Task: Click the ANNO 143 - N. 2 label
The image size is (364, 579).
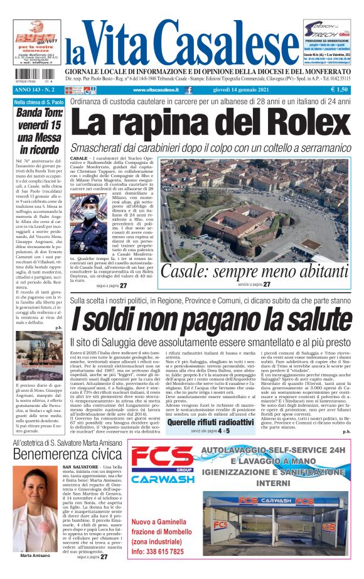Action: pyautogui.click(x=35, y=90)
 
